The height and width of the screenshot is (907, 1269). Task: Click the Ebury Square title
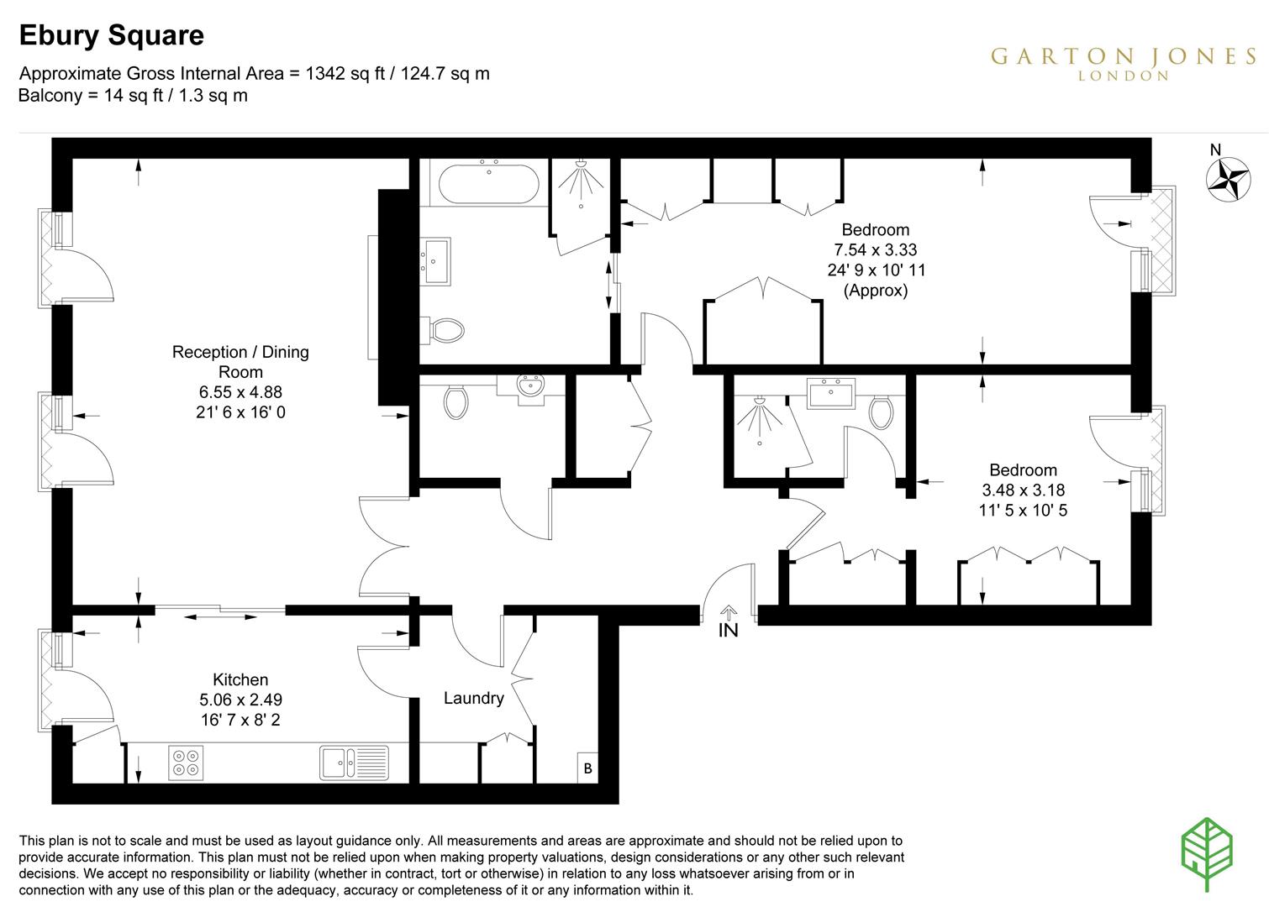(x=111, y=35)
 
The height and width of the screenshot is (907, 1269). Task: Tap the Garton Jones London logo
(x=1123, y=62)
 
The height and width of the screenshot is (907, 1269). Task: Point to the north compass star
(x=1228, y=178)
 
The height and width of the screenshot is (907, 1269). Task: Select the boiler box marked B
(x=587, y=768)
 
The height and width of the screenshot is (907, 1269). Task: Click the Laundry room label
(x=473, y=698)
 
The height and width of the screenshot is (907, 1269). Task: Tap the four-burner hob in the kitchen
(x=186, y=763)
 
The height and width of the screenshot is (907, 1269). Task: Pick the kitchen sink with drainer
(x=354, y=763)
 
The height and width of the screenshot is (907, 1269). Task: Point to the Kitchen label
(x=240, y=679)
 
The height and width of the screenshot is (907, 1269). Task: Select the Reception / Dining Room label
(x=240, y=362)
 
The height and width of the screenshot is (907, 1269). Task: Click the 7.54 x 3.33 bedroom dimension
(x=875, y=249)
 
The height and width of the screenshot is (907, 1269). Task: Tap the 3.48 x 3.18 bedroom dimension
(x=1023, y=490)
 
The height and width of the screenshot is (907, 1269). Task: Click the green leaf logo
(x=1207, y=853)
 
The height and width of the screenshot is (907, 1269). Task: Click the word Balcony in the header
(x=49, y=95)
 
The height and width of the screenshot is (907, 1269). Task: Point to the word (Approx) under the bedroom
(x=876, y=291)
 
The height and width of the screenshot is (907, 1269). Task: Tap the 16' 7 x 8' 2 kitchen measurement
(x=240, y=720)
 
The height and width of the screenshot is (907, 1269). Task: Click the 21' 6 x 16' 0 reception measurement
(x=240, y=412)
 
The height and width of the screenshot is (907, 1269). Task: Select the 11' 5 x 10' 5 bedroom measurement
(x=1023, y=510)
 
